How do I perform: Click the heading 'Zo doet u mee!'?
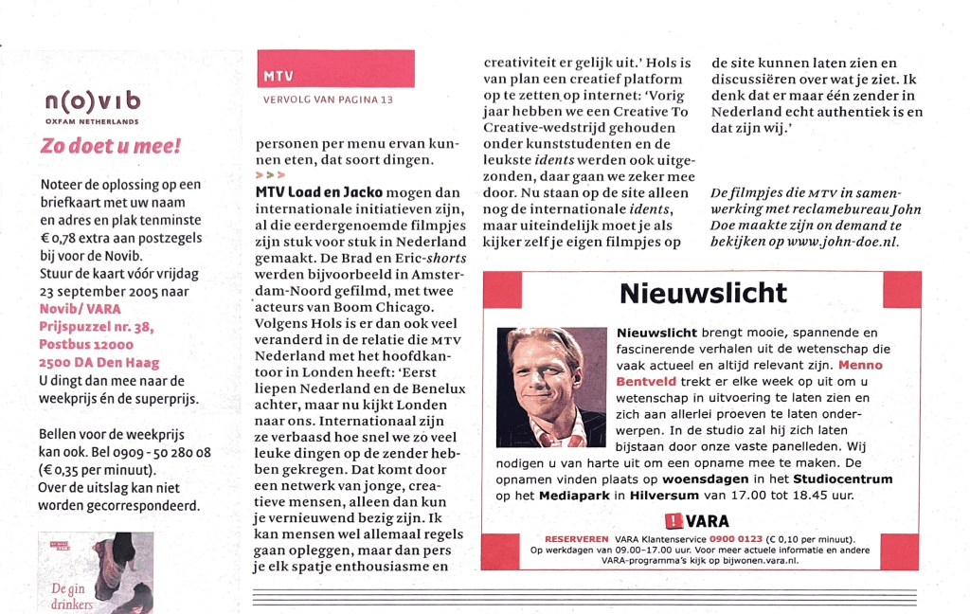pyautogui.click(x=110, y=147)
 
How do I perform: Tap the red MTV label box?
pyautogui.click(x=336, y=69)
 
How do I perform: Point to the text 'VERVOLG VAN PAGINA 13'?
pyautogui.click(x=327, y=99)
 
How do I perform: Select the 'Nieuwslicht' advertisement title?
pyautogui.click(x=702, y=294)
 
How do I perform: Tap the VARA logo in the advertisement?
pyautogui.click(x=699, y=521)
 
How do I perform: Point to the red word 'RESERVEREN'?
pyautogui.click(x=577, y=538)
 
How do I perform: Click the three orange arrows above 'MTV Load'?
pyautogui.click(x=270, y=175)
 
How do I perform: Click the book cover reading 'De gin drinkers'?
pyautogui.click(x=95, y=573)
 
